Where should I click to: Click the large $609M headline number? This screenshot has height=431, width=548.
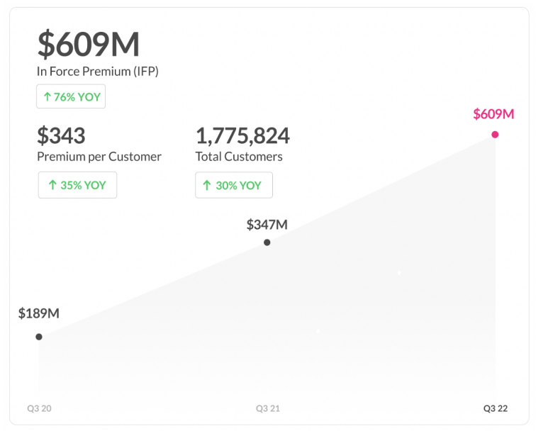[x=89, y=45]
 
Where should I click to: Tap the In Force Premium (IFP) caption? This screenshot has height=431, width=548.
[x=97, y=72]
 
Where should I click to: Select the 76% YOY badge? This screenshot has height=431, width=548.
[x=71, y=97]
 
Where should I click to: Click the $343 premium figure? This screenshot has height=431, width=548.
[x=61, y=135]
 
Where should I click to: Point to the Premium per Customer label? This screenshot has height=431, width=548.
[x=99, y=157]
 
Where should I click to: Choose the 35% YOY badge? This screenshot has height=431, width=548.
[x=77, y=185]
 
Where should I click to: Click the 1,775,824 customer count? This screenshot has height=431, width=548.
[x=242, y=135]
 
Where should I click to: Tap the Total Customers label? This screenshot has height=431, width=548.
[x=239, y=157]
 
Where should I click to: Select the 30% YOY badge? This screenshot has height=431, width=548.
[x=233, y=185]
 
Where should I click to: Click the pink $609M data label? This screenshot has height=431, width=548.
[x=493, y=114]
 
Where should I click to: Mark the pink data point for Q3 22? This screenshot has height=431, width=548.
[x=495, y=135]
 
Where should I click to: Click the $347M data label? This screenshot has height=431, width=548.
[x=267, y=225]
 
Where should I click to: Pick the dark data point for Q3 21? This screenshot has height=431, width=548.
[x=267, y=242]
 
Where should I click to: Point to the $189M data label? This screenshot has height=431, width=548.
[x=39, y=313]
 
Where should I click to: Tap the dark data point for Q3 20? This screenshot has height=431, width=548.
[x=39, y=337]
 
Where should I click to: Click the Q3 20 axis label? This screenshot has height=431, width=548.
[x=39, y=408]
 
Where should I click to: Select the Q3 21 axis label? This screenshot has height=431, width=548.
[x=268, y=408]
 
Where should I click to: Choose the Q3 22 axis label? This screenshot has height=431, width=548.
[x=496, y=408]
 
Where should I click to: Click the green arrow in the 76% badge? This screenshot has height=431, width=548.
[x=47, y=97]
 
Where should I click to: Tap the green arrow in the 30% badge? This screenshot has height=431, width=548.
[x=207, y=185]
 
